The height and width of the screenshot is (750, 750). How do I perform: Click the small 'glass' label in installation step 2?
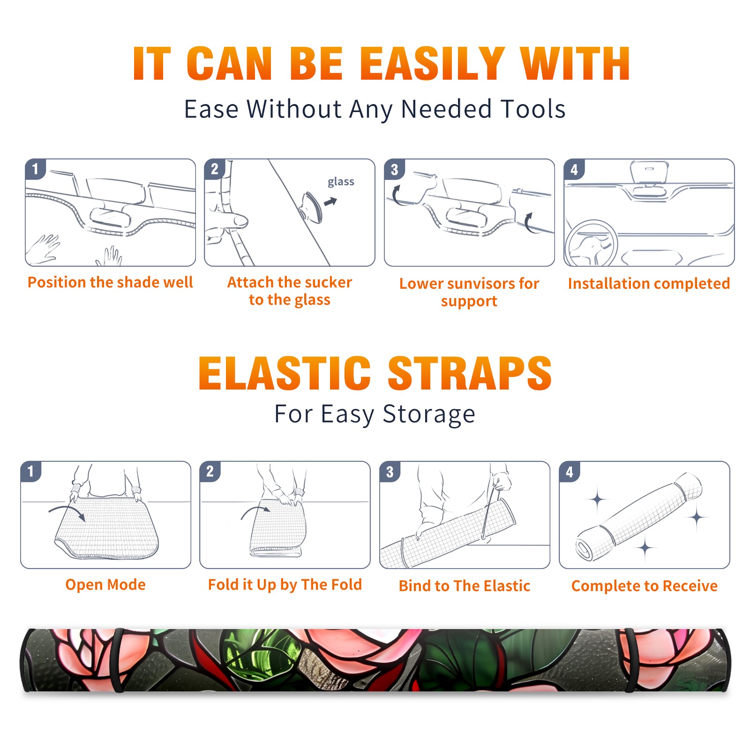point(341,182)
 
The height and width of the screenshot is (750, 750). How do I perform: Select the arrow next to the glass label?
point(330,202)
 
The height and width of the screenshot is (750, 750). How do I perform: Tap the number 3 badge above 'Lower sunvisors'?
point(394,169)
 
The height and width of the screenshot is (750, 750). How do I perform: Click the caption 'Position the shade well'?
point(110,282)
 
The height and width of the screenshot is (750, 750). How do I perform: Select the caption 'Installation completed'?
point(649,284)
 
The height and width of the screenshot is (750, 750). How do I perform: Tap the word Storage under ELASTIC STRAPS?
point(429,414)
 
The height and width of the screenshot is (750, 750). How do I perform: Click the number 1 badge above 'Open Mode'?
point(31,471)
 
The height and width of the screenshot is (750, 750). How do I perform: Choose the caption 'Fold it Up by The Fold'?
point(285,585)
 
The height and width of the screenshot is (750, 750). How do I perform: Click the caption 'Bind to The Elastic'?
point(465,586)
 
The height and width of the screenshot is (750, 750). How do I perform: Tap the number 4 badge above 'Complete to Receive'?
point(570,471)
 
